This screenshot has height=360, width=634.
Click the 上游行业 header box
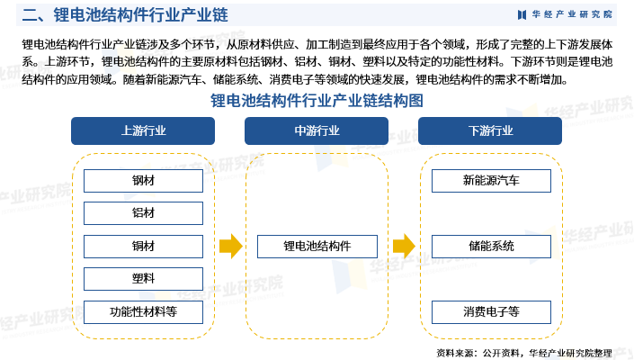click(143, 130)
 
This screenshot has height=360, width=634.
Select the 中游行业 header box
click(317, 130)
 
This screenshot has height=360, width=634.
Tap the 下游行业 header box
click(490, 130)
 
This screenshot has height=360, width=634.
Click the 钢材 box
click(143, 181)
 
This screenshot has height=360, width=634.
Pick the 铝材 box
click(143, 213)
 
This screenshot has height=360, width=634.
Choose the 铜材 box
click(143, 246)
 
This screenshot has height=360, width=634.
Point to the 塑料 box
click(143, 279)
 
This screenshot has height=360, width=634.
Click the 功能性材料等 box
click(143, 312)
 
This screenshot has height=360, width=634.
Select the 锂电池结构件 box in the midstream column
click(317, 246)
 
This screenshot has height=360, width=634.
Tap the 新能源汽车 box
click(490, 181)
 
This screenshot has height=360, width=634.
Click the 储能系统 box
click(490, 246)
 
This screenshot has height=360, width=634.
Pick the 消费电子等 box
click(490, 312)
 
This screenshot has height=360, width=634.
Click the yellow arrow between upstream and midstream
click(231, 246)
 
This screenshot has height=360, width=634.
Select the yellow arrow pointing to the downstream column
click(404, 246)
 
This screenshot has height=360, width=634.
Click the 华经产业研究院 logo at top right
click(565, 14)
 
